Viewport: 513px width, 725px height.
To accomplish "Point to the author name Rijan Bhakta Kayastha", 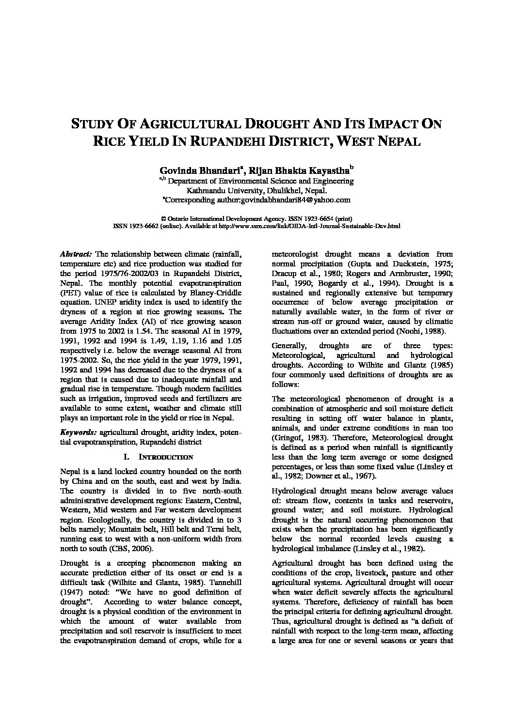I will point(300,170).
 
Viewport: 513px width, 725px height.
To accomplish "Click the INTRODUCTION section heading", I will point(166,457).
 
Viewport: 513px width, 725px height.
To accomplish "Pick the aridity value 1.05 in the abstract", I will point(234,340).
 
